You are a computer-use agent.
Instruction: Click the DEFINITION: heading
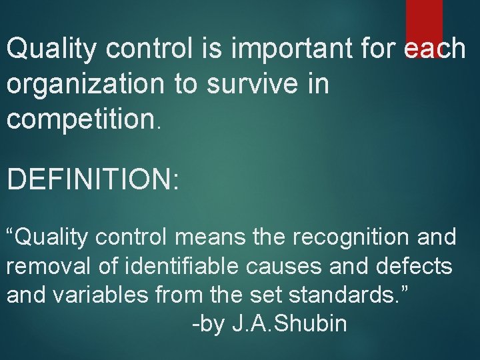coord(93,179)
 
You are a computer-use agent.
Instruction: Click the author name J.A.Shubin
coord(289,325)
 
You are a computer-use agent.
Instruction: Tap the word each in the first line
coord(435,48)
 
